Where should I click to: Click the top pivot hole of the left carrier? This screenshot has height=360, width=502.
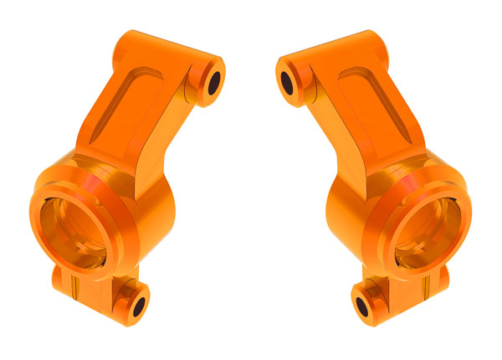coord(213,82)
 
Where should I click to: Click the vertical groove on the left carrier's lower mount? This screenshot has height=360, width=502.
coord(74,290)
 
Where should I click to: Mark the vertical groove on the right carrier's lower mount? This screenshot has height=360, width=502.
coord(428,290)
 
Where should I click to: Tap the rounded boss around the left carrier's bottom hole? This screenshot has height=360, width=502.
coord(126,298)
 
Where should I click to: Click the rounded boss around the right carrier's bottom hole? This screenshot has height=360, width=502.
coord(374,298)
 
